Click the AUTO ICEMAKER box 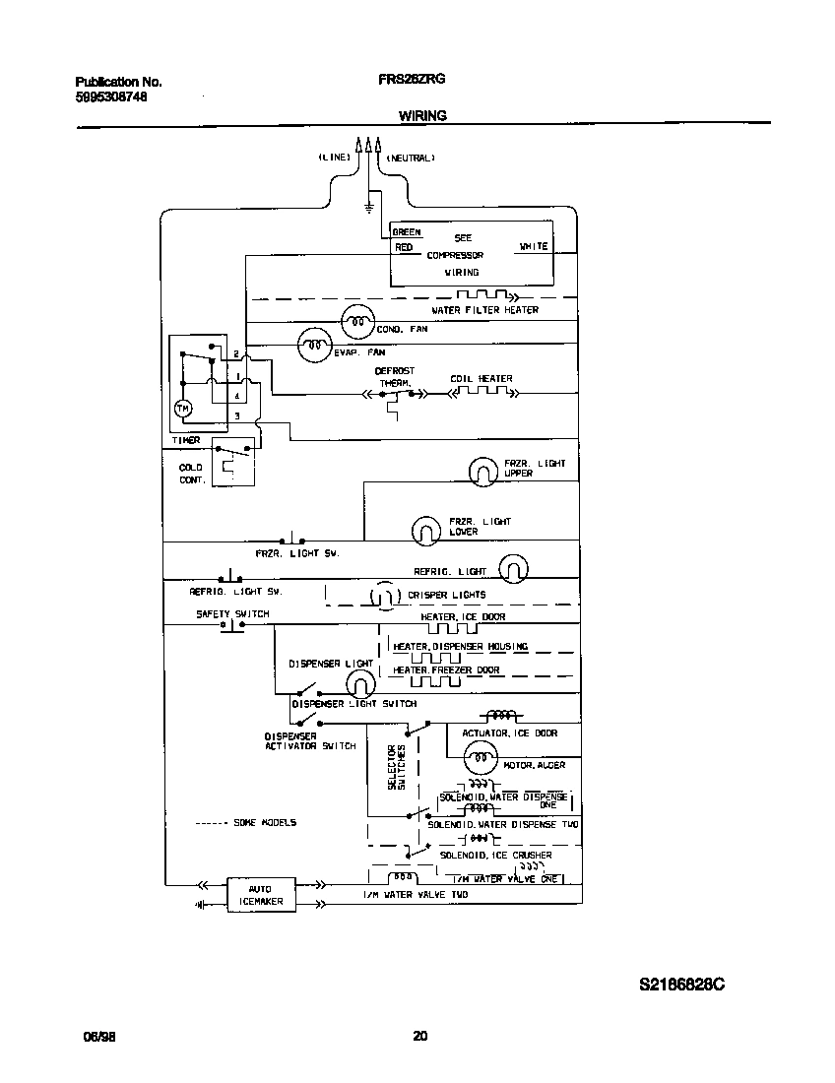[x=261, y=895]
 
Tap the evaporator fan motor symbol [x=314, y=344]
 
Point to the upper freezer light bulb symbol [x=482, y=472]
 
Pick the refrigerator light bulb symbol [x=513, y=568]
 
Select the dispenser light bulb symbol [x=362, y=682]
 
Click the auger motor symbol [x=482, y=756]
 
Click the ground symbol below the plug [x=369, y=208]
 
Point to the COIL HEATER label [x=481, y=379]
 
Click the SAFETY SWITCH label [x=232, y=614]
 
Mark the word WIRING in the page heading [x=422, y=115]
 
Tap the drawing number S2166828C [x=682, y=985]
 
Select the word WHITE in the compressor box [x=533, y=246]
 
